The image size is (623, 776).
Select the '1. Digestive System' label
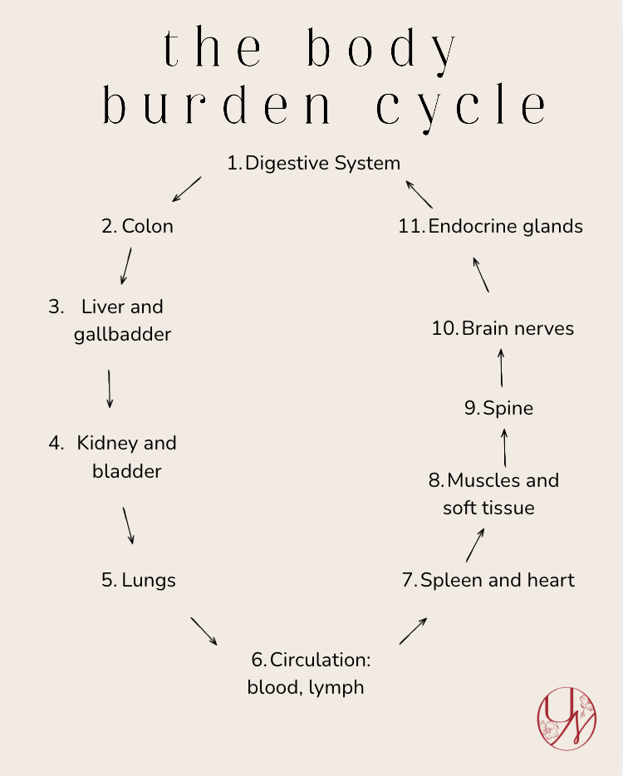(314, 163)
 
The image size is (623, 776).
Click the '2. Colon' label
(138, 226)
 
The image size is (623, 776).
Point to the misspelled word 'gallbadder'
(122, 335)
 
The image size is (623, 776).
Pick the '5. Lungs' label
(139, 580)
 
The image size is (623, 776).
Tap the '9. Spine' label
(498, 408)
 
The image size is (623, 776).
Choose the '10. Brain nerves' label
(503, 328)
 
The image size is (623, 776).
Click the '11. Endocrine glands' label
(490, 226)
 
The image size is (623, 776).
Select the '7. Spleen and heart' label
(488, 580)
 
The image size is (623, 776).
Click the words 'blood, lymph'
(306, 688)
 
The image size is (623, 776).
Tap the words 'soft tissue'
(488, 508)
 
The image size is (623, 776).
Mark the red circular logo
(567, 719)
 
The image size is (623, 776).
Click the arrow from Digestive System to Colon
(187, 189)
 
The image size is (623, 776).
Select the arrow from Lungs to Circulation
(204, 631)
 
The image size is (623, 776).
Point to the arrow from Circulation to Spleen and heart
(413, 631)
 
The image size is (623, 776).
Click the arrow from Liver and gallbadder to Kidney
(109, 388)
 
